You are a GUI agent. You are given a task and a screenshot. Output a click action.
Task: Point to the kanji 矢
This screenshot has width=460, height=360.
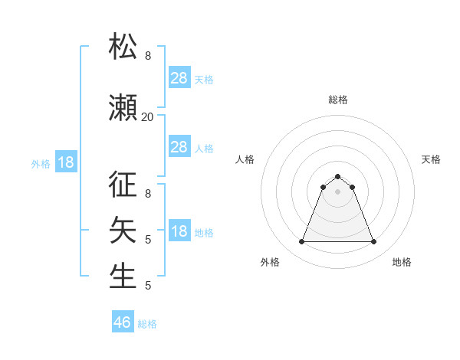(x=123, y=230)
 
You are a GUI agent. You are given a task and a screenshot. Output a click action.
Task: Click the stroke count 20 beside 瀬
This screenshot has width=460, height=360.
(x=148, y=117)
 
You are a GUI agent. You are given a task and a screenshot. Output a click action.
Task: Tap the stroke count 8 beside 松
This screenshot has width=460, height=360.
(x=148, y=56)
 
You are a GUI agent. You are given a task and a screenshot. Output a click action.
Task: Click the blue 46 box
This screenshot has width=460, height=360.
(x=123, y=322)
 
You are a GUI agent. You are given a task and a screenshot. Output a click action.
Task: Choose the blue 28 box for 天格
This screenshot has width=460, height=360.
(x=179, y=78)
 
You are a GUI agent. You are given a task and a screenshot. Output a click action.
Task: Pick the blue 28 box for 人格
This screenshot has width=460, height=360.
(x=179, y=147)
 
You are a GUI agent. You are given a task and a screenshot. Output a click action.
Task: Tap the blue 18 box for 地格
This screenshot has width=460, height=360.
(x=179, y=231)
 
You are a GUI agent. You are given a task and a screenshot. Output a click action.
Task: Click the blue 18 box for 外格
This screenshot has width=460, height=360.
(x=65, y=162)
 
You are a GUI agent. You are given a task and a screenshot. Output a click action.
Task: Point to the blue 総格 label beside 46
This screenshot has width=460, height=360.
(x=147, y=324)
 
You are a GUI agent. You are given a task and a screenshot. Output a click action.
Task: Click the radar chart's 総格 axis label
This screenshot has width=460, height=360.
(x=338, y=100)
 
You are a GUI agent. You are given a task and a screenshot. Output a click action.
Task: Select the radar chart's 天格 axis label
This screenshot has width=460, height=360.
(x=432, y=159)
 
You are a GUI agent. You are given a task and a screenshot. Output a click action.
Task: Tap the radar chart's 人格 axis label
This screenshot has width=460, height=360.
(x=245, y=159)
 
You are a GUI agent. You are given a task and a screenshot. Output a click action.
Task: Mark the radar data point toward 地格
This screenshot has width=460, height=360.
(x=374, y=242)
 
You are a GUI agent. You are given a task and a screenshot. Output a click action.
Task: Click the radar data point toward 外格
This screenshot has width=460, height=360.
(x=301, y=242)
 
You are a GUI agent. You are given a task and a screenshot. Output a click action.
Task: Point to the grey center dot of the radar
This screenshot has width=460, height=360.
(x=338, y=191)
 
